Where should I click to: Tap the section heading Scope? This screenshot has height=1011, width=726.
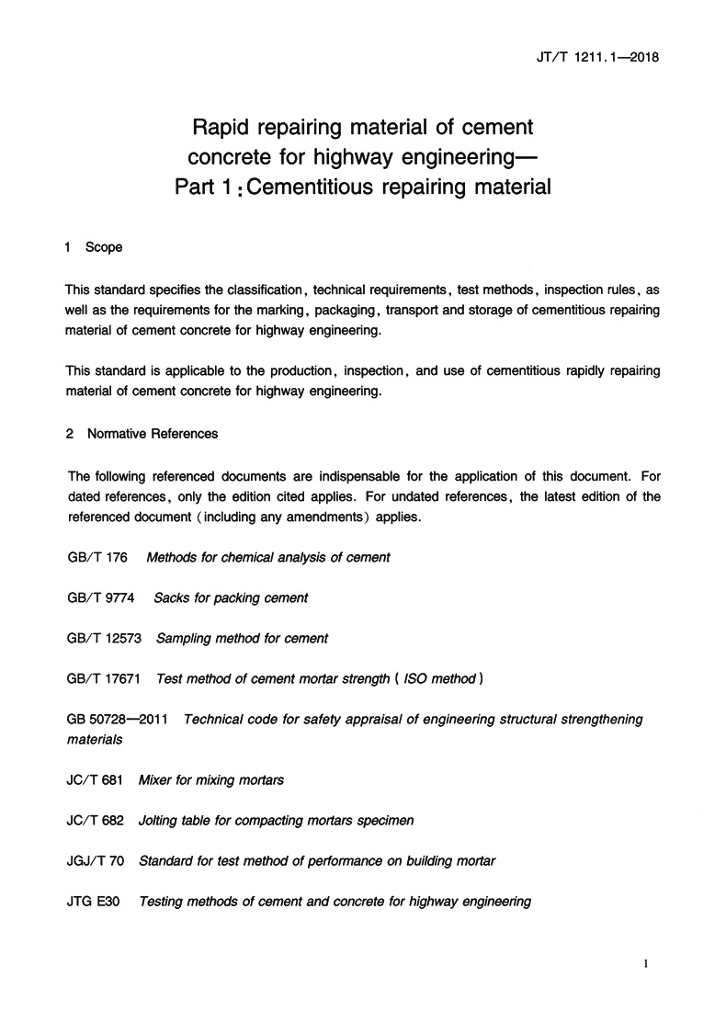point(104,247)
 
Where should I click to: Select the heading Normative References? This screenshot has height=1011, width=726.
point(153,433)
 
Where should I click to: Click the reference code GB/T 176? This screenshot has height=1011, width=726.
point(96,557)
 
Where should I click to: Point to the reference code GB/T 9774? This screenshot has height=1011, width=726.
point(100,597)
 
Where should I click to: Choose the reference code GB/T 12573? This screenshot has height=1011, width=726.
point(104,638)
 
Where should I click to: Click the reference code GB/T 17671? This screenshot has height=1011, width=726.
point(104,679)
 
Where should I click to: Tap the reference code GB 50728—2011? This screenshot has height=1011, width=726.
point(117,720)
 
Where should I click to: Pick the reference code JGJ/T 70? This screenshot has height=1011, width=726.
point(96,861)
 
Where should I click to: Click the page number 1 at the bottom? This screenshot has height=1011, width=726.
point(648,964)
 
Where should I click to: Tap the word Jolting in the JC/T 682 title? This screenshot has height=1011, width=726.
point(160,821)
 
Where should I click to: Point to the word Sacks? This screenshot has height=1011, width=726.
point(172,597)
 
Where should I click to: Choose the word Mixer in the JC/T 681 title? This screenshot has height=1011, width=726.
point(155,780)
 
